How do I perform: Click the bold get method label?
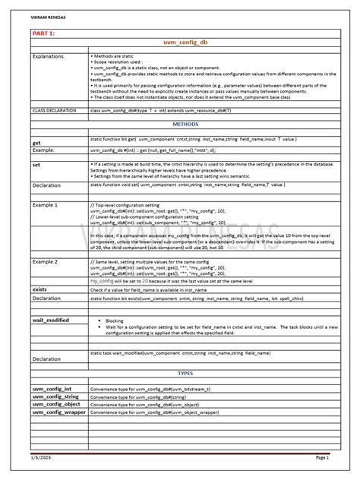(36, 142)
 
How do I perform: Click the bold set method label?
(36, 165)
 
